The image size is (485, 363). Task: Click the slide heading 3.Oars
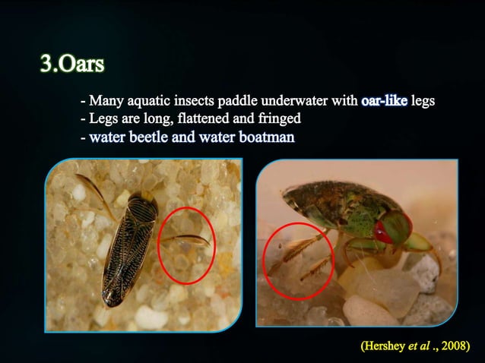coord(72,64)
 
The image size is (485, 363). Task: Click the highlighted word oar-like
coord(385,100)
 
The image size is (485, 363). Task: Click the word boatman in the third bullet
coord(268,137)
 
